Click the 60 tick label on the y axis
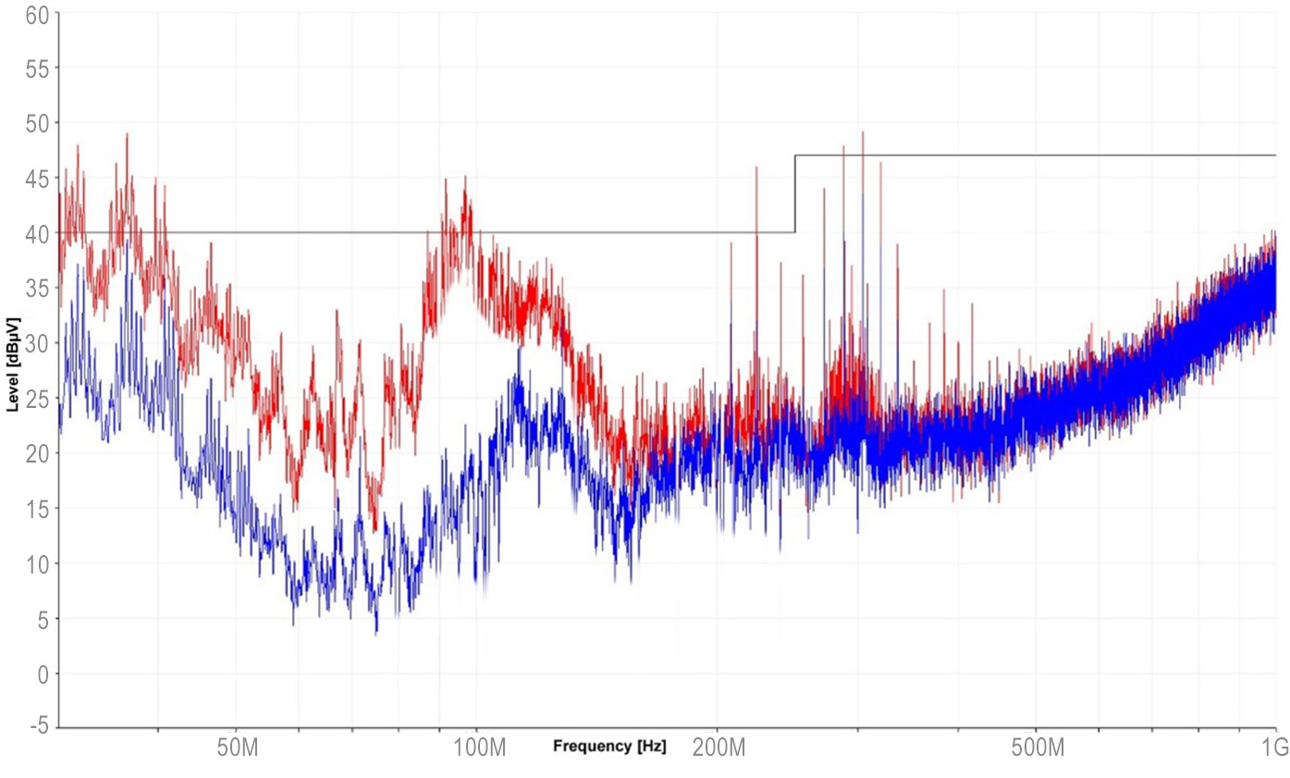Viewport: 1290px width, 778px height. [x=35, y=14]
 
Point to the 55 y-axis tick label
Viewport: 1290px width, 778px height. [x=35, y=68]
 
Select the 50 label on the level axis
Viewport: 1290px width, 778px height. [x=35, y=123]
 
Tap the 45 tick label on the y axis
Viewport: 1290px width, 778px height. [x=35, y=178]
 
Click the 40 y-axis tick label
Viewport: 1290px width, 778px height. [x=35, y=233]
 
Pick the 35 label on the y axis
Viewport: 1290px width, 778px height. [x=35, y=288]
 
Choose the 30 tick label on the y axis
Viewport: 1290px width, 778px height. [x=35, y=343]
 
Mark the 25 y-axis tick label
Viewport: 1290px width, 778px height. [x=35, y=398]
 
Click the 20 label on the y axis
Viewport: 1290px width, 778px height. [x=35, y=453]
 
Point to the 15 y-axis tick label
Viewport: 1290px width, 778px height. [x=35, y=508]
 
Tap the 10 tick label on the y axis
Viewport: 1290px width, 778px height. [x=35, y=563]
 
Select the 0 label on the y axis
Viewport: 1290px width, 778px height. [x=41, y=673]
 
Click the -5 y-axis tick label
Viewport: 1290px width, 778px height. [x=37, y=728]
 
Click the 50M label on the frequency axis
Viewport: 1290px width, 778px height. [x=236, y=748]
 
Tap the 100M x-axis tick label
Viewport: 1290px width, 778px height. [x=477, y=748]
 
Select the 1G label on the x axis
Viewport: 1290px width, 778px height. [x=1275, y=748]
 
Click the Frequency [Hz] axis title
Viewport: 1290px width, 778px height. [x=608, y=745]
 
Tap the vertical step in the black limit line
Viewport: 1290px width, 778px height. [x=794, y=194]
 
